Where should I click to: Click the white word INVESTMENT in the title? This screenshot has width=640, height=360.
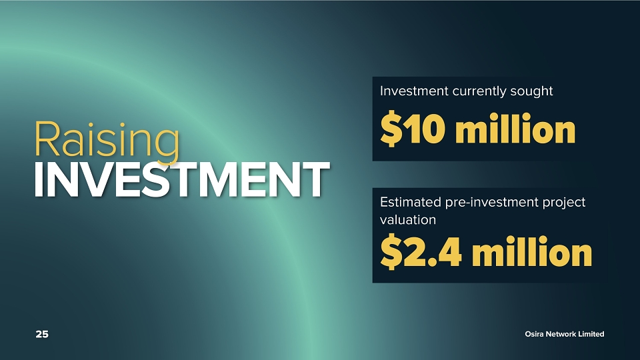182,179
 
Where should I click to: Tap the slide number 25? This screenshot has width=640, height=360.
42,334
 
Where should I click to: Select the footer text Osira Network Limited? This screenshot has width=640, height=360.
565,334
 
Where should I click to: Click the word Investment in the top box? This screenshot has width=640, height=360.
414,91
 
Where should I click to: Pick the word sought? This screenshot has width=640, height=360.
526,91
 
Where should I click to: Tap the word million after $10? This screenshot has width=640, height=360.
515,129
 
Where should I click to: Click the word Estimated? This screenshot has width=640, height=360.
411,202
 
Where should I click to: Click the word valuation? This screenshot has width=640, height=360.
408,220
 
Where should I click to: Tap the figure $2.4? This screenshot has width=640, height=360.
421,252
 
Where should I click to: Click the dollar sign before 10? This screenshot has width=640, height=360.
391,129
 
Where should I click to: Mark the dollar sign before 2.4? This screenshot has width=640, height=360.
391,252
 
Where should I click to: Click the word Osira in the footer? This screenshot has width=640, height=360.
534,334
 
